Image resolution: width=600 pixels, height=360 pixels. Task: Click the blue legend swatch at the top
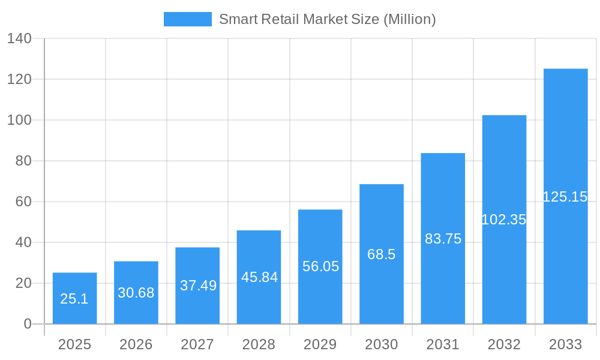(x=187, y=19)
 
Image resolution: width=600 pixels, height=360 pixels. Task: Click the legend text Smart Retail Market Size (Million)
(x=327, y=19)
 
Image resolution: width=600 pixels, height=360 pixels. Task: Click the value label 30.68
(x=136, y=293)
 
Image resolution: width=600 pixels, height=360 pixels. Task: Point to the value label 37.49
(x=198, y=286)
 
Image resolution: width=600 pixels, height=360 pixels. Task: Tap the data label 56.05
(x=320, y=266)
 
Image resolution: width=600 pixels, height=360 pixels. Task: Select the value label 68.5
(x=382, y=254)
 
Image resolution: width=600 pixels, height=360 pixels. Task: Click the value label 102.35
(x=504, y=220)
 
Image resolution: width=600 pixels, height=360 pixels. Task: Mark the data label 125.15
(x=565, y=197)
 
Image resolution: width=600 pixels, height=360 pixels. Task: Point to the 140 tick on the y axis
(x=19, y=38)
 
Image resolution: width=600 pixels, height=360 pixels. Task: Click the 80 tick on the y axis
(x=23, y=161)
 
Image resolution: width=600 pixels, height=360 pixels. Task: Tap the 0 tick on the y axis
(x=28, y=324)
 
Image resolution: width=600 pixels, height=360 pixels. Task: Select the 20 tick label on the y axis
(x=23, y=283)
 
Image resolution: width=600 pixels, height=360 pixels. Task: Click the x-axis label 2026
(x=136, y=344)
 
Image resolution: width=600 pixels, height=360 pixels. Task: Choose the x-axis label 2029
(x=320, y=344)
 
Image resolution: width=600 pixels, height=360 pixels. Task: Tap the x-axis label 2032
(x=504, y=344)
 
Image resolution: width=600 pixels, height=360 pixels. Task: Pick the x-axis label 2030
(x=382, y=344)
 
